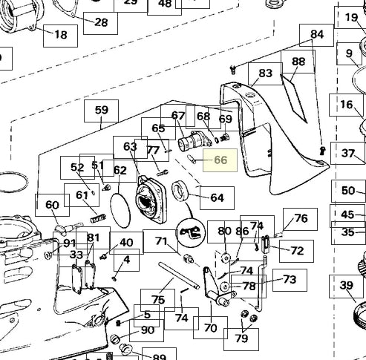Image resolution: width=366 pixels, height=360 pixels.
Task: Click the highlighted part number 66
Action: (220, 160)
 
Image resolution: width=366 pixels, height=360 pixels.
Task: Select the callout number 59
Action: (101, 111)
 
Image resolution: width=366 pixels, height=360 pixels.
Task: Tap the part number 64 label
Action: (217, 198)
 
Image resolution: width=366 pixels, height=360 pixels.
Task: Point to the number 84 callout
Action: (316, 35)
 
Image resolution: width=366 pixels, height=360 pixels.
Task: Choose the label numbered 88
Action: (298, 62)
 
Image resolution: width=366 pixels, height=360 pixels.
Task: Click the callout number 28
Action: (100, 23)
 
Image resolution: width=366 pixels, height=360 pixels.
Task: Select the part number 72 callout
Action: (297, 251)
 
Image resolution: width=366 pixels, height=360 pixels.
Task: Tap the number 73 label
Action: (290, 280)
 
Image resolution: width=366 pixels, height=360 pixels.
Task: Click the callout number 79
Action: (241, 339)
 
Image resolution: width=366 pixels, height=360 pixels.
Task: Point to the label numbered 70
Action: (210, 327)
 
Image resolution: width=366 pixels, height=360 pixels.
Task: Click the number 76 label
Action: (300, 219)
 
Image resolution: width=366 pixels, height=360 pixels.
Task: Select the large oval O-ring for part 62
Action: (120, 211)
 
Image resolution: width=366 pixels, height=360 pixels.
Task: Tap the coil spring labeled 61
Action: (98, 219)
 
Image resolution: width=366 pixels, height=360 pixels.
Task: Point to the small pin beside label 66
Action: (192, 159)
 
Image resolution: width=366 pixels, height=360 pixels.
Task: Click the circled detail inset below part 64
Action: (191, 232)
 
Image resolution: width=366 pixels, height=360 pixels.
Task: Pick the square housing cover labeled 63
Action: (149, 200)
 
